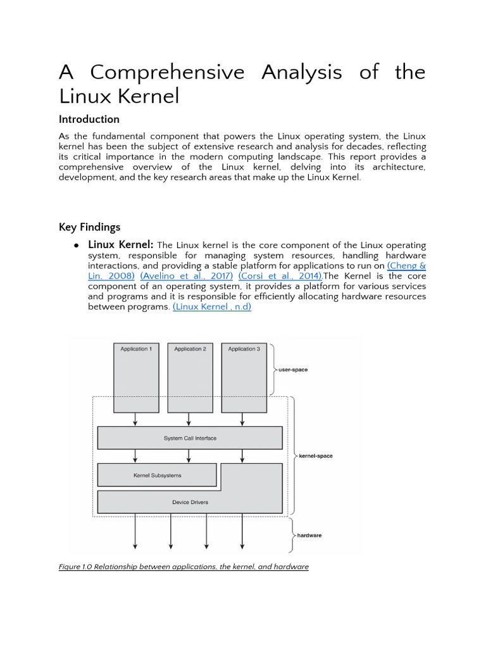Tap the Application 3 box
(244, 377)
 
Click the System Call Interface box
(190, 438)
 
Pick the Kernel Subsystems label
(157, 475)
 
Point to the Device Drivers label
(190, 502)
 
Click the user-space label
(293, 370)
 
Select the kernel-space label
(315, 456)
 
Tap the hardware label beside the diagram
(309, 535)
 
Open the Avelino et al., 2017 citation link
(187, 277)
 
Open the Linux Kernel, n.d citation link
(212, 307)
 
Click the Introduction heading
(89, 120)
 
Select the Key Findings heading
(89, 227)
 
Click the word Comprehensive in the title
(167, 72)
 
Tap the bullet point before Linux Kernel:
(76, 246)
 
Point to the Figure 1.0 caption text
(184, 567)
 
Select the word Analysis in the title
(302, 72)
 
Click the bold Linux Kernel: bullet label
(120, 245)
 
